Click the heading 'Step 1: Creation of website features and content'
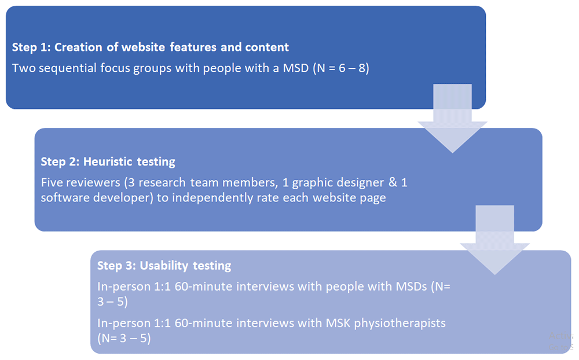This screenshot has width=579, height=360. pyautogui.click(x=151, y=47)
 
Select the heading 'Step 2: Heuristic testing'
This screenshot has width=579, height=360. pyautogui.click(x=108, y=161)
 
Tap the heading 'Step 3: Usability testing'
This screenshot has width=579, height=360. pyautogui.click(x=164, y=266)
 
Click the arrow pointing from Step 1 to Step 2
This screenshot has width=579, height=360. pyautogui.click(x=452, y=118)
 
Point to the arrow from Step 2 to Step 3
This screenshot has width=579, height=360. pyautogui.click(x=495, y=240)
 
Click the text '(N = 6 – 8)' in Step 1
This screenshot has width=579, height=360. pyautogui.click(x=341, y=68)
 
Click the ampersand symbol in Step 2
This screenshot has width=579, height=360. pyautogui.click(x=393, y=182)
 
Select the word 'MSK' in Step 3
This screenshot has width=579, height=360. pyautogui.click(x=338, y=323)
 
